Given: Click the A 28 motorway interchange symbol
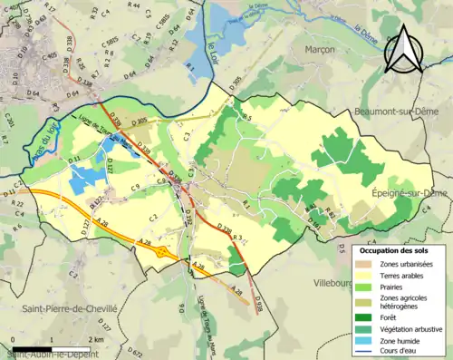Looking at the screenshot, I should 161,251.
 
